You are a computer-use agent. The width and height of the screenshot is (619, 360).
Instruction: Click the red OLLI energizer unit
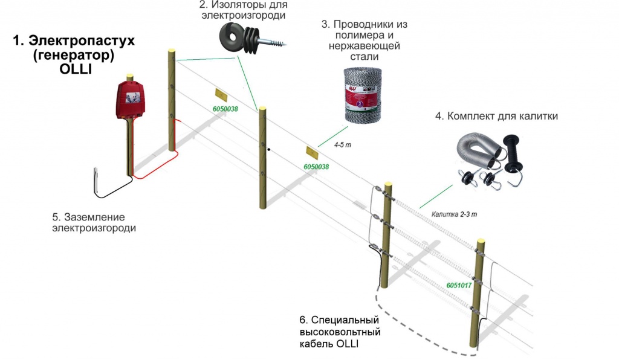coord(131,100)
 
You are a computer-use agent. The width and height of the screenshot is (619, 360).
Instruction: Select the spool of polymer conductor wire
coord(363,95)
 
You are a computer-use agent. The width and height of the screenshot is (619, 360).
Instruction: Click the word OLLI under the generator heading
coord(76,69)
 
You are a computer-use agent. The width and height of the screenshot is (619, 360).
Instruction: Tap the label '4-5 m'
coord(342,145)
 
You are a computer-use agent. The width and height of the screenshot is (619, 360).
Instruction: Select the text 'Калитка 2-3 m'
coord(454,214)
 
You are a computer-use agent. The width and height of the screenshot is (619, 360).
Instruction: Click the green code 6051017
coord(459,285)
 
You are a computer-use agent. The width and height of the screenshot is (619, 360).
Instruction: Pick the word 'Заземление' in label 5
coord(94,217)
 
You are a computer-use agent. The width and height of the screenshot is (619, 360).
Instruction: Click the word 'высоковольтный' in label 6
coord(340,332)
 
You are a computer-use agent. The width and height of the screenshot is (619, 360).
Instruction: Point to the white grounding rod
coord(96,182)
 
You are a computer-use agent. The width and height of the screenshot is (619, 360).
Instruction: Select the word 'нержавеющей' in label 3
coord(365,46)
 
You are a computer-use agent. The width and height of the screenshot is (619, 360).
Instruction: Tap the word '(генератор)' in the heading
coord(74,55)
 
